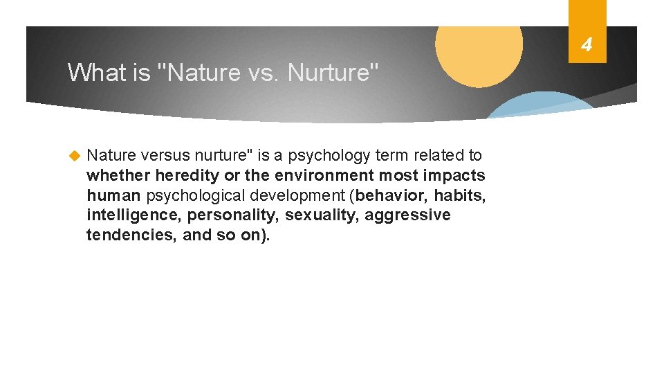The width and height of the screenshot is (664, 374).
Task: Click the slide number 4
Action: pos(587,46)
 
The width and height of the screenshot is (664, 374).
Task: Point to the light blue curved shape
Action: pos(539,105)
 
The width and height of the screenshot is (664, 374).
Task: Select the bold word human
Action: pos(114,196)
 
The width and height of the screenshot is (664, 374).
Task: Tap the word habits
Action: pos(459,196)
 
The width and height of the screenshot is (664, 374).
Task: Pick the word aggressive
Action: pos(407,215)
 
